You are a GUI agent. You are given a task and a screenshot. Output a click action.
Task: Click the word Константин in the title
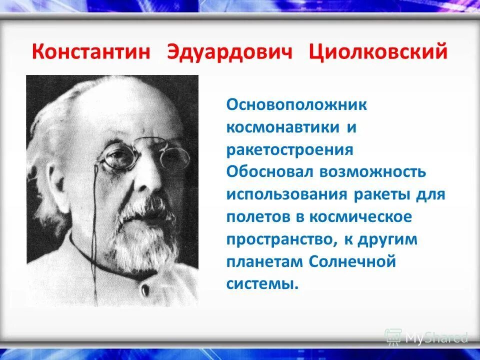[x=91, y=52]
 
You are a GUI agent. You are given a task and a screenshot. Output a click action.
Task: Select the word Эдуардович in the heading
[x=229, y=52]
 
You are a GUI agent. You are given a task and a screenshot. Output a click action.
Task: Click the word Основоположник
[x=297, y=105]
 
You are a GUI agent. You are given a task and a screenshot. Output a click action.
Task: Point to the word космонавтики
[x=282, y=127]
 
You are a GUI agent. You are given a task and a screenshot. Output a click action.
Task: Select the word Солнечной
[x=352, y=261]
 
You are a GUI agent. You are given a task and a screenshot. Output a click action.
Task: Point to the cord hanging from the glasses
[x=94, y=225]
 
